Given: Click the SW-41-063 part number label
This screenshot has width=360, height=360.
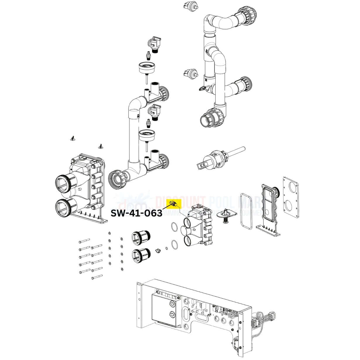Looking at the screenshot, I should tap(136, 213).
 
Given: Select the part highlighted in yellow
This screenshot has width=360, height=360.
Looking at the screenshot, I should tap(174, 203).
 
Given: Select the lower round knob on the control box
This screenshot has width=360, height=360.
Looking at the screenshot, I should tap(172, 315).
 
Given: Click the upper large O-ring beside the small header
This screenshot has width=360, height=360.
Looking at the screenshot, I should tap(174, 226).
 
